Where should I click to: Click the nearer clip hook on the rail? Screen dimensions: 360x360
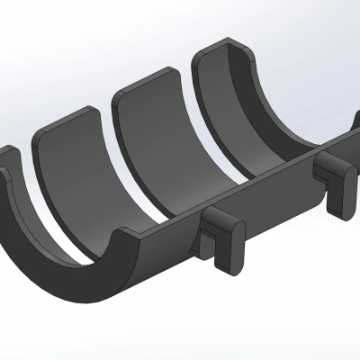tap(222, 236)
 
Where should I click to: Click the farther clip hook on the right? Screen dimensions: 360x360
tap(335, 175)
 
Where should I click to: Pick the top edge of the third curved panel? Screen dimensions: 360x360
tap(144, 80)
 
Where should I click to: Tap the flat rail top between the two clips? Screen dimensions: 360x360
tap(274, 180)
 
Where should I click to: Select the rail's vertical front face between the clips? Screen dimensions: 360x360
tap(279, 202)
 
